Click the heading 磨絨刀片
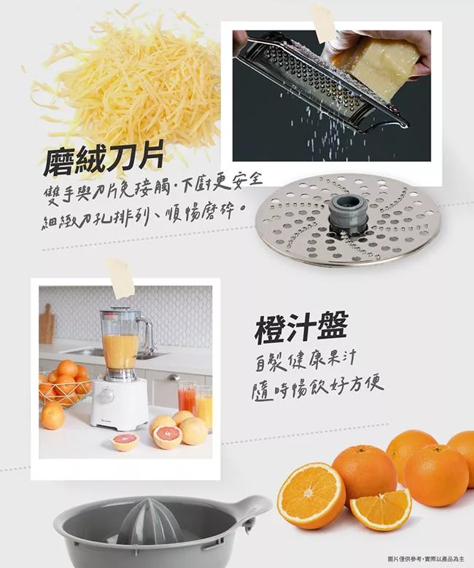[104, 159]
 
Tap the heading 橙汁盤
[302, 328]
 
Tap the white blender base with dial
[119, 402]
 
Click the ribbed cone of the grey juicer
[149, 521]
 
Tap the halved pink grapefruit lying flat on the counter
[125, 441]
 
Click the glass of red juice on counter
[187, 398]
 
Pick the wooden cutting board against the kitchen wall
[47, 323]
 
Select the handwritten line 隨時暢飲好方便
[318, 390]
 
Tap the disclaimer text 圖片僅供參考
[403, 559]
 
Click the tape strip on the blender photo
[121, 277]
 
